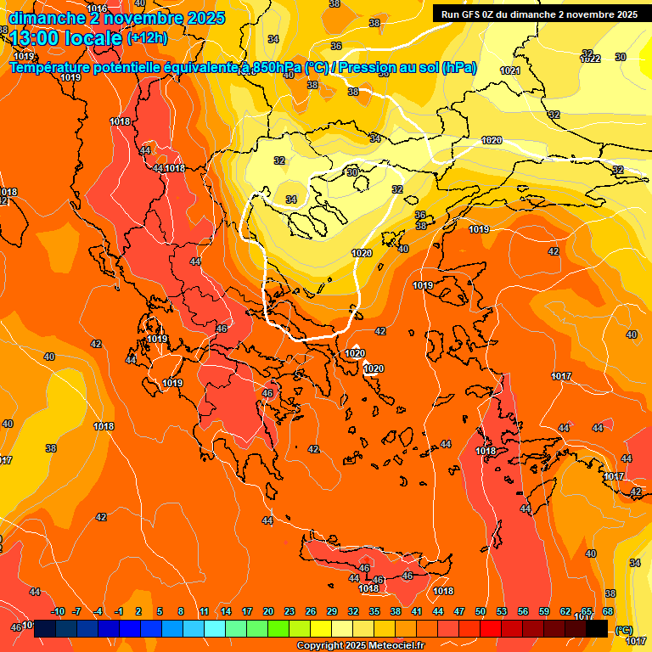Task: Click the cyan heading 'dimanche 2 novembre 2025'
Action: pos(116,18)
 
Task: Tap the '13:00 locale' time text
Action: pos(65,37)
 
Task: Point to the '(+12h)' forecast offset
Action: pos(147,38)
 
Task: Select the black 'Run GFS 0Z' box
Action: pos(538,14)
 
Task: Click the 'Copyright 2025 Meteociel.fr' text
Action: pos(361,646)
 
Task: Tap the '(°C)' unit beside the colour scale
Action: pos(623,630)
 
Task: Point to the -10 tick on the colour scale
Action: pos(58,612)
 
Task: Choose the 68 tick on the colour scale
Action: pos(608,612)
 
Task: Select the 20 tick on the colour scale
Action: pos(268,612)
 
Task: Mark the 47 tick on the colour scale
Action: pos(459,612)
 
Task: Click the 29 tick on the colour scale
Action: pos(332,612)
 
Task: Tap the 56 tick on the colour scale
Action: pos(523,612)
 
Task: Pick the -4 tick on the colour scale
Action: pos(98,612)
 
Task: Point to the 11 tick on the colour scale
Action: pos(205,612)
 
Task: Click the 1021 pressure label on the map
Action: pos(509,70)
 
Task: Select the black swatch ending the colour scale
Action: pos(597,629)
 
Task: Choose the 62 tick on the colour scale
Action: pos(565,612)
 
